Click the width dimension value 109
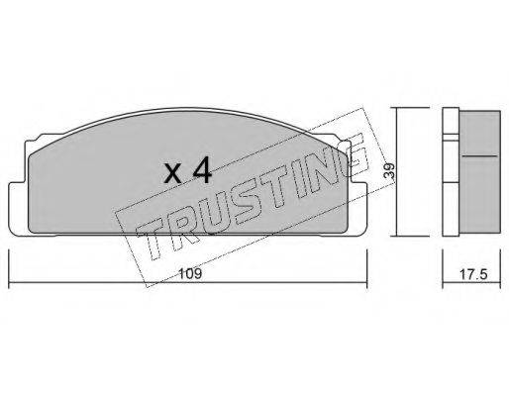click(x=190, y=274)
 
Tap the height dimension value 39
click(x=390, y=170)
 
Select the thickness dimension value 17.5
click(x=473, y=274)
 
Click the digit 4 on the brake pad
click(x=201, y=170)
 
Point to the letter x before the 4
click(x=173, y=174)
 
